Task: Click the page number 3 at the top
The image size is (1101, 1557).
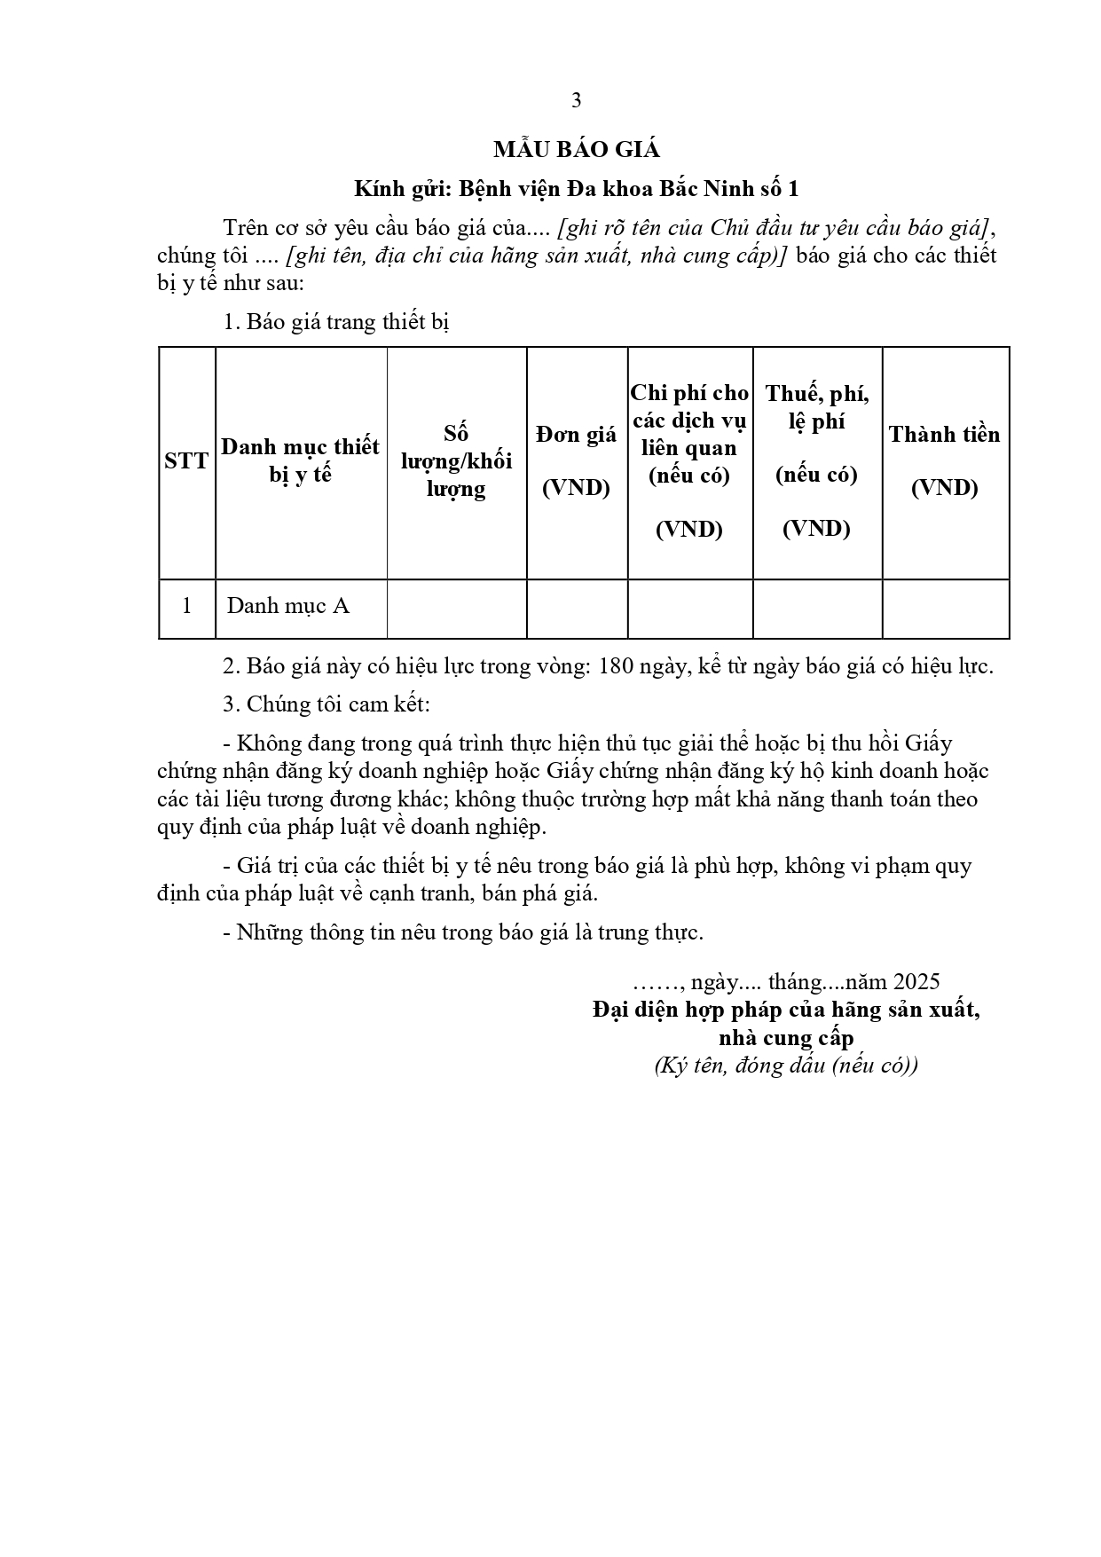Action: (x=576, y=101)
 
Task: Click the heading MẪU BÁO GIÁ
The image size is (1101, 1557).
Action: (x=576, y=150)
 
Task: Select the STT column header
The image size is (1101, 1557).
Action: (x=186, y=461)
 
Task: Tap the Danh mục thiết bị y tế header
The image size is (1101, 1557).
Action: (x=300, y=460)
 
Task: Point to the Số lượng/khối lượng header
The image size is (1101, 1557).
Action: (x=456, y=461)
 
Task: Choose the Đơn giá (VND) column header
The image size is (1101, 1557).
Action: (x=577, y=460)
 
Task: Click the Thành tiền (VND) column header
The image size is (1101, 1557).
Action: (x=944, y=460)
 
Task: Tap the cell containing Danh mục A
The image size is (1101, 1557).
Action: (x=288, y=607)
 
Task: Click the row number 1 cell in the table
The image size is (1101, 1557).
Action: (x=186, y=607)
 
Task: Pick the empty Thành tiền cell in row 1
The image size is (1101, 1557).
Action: (x=945, y=609)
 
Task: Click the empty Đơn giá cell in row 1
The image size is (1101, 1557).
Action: (x=577, y=609)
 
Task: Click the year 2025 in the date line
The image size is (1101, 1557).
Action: (x=916, y=982)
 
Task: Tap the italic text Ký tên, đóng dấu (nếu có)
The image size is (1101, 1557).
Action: (x=786, y=1066)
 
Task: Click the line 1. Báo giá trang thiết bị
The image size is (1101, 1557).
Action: (x=336, y=322)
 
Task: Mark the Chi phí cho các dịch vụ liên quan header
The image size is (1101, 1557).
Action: (x=689, y=460)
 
